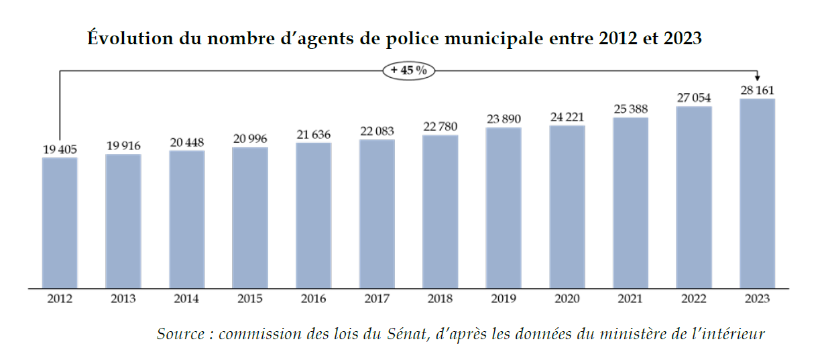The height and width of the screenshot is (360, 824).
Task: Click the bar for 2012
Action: click(60, 223)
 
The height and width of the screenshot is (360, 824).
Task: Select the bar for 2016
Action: click(313, 215)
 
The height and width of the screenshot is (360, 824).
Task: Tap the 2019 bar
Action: click(504, 208)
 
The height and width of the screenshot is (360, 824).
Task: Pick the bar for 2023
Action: click(757, 194)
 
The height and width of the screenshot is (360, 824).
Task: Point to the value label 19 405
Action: click(60, 149)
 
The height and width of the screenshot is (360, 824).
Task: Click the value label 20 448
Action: click(186, 142)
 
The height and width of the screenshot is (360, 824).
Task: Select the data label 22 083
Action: click(377, 131)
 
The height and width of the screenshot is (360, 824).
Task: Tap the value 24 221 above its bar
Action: click(567, 117)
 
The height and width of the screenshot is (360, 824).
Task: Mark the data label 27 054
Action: click(694, 98)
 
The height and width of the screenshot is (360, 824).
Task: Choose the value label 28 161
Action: click(757, 91)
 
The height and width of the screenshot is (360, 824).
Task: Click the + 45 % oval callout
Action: click(409, 70)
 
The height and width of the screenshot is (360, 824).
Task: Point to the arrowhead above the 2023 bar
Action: click(757, 78)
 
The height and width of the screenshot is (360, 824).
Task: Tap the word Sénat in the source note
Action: click(406, 333)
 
